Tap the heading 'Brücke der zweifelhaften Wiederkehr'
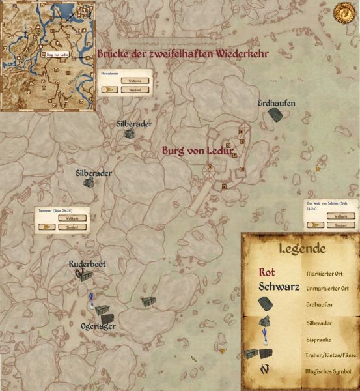184,53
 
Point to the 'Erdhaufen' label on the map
276,103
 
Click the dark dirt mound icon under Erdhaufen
275,115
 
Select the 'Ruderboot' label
87,264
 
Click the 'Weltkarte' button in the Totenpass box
72,218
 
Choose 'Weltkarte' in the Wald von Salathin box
339,216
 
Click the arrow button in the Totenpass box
46,227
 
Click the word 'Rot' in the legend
267,272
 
